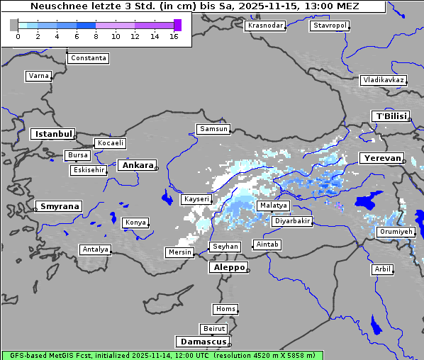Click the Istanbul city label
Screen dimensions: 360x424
[x=52, y=134]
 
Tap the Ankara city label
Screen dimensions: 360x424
[x=138, y=165]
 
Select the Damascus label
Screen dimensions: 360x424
[x=202, y=342]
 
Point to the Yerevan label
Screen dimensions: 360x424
[x=381, y=158]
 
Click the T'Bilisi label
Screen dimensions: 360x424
[x=390, y=116]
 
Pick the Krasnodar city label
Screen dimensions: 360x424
[x=265, y=26]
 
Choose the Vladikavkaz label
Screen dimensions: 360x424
[x=383, y=80]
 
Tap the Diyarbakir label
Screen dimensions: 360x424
[x=291, y=221]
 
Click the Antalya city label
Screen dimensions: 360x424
[x=95, y=249]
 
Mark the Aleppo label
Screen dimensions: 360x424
[x=228, y=267]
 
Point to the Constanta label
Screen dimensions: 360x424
[x=89, y=58]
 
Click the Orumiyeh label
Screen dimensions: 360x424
[x=395, y=232]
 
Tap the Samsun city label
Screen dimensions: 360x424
[x=213, y=129]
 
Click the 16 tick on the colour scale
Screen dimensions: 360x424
[x=174, y=36]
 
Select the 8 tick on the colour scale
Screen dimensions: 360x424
[x=96, y=36]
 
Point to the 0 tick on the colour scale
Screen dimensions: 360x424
[x=18, y=36]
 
